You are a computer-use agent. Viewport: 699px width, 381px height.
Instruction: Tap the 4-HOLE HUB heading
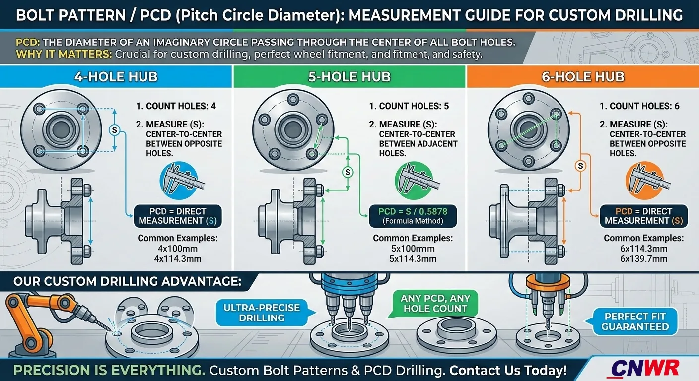click(116, 77)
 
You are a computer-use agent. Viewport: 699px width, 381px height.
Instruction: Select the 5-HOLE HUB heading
click(349, 77)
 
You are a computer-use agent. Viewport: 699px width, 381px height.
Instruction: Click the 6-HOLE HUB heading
click(583, 77)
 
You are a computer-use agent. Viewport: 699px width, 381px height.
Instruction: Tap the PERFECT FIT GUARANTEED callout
click(635, 321)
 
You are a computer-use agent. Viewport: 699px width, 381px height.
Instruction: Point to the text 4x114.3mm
click(177, 258)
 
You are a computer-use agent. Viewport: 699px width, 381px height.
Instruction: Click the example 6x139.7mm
click(643, 259)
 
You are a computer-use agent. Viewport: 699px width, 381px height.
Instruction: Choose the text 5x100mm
click(413, 249)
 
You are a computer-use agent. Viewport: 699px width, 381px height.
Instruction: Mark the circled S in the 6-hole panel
click(578, 166)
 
